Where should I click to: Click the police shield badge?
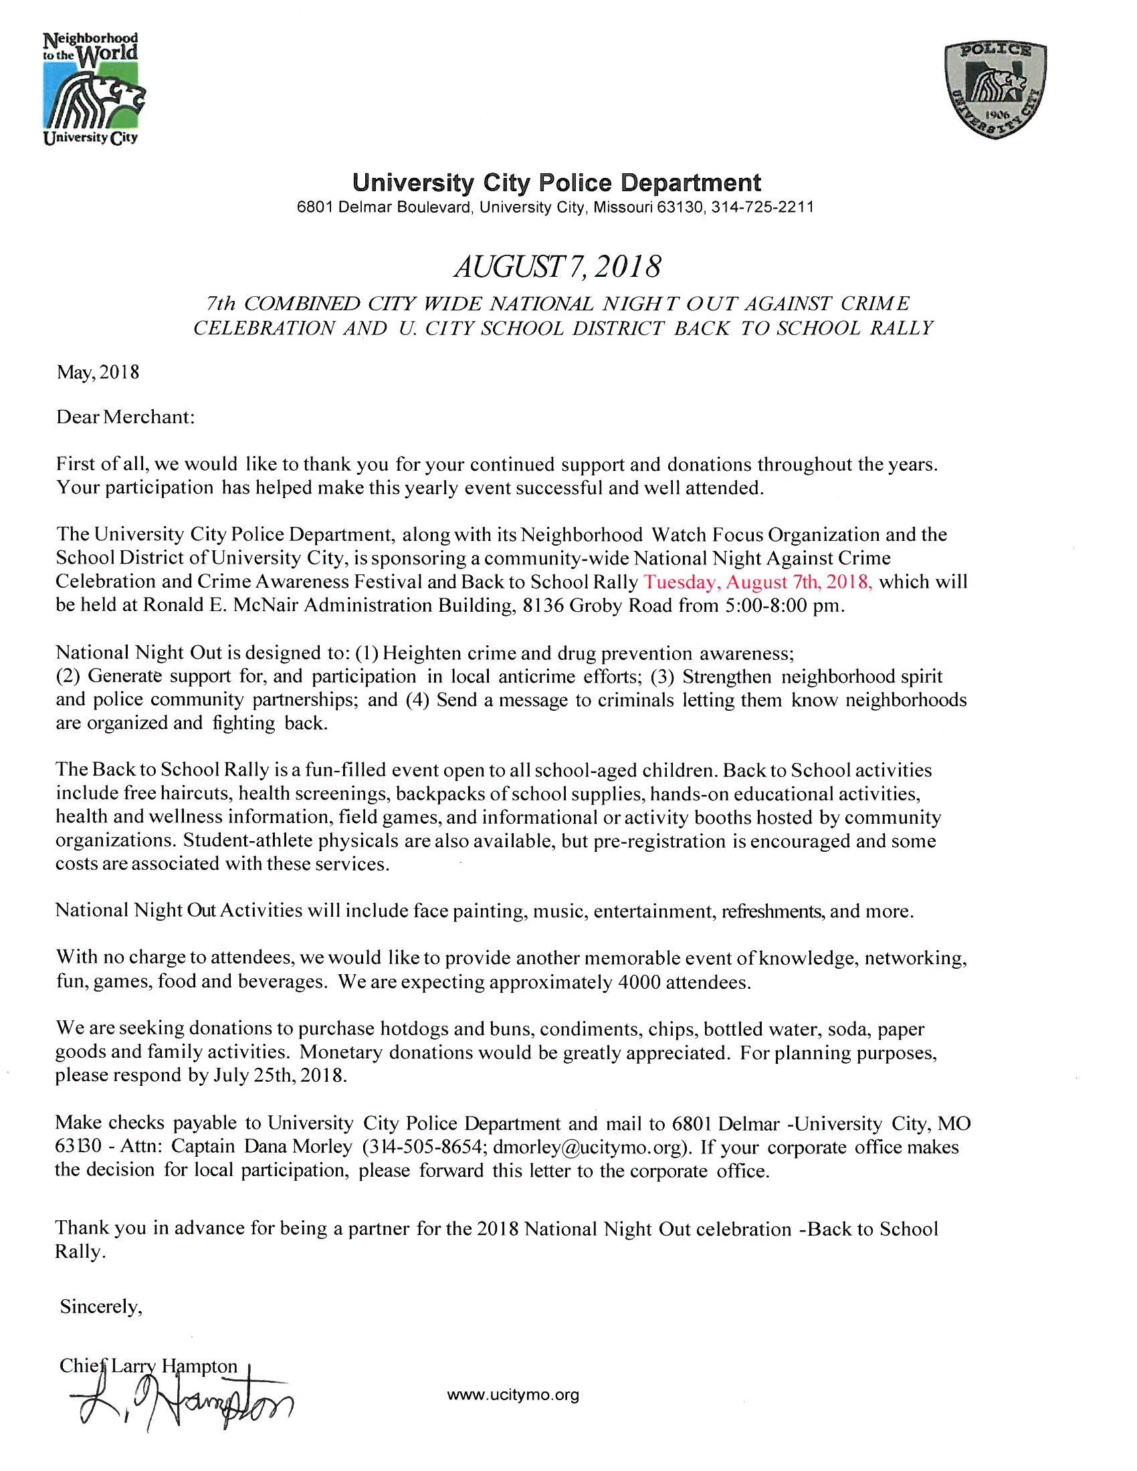click(996, 89)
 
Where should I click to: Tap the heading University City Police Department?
click(556, 183)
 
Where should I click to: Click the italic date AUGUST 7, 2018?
click(557, 267)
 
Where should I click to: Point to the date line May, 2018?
click(98, 372)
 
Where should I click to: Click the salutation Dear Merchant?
click(125, 417)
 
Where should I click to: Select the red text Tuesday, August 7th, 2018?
click(758, 581)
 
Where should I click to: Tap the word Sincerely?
click(100, 1307)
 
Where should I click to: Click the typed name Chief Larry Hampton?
click(148, 1366)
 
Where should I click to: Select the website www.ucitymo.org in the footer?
click(512, 1395)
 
